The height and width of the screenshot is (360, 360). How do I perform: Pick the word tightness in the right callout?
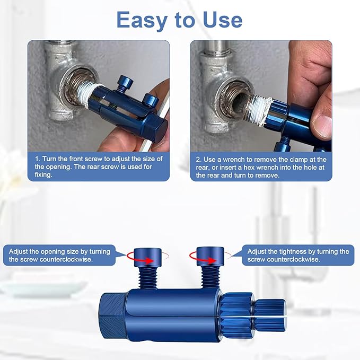pyautogui.click(x=296, y=251)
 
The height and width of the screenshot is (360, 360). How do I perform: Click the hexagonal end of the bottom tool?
pyautogui.click(x=112, y=316)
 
